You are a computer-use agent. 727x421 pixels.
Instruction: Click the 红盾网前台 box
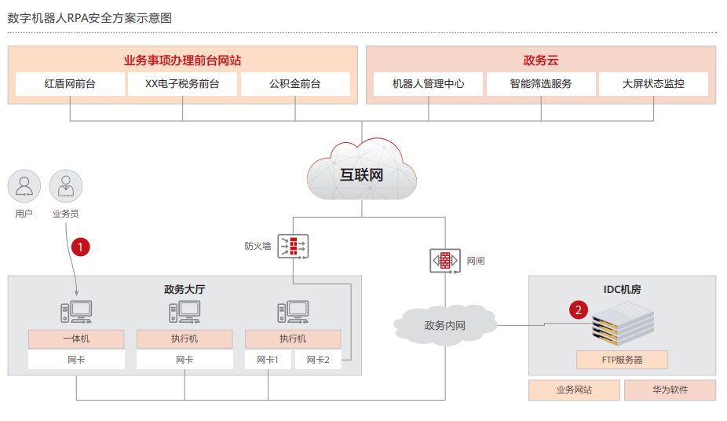(70, 84)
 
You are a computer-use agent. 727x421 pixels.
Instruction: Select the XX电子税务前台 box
(182, 84)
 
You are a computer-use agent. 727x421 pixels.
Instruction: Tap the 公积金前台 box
(295, 84)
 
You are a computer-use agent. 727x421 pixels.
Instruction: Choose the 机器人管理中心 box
(428, 84)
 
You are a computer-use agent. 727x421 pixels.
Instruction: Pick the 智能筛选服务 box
(540, 84)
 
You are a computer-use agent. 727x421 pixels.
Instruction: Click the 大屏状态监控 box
(653, 84)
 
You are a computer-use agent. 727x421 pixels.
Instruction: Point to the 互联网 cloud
(361, 173)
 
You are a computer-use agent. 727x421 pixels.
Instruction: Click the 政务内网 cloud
(444, 324)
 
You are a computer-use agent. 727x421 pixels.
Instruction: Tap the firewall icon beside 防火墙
(292, 247)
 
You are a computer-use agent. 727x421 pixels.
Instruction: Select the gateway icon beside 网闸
(444, 260)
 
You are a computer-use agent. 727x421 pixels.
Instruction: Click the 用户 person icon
(24, 187)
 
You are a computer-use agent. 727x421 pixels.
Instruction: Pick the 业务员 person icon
(65, 187)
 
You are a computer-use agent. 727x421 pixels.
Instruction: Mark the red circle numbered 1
(80, 247)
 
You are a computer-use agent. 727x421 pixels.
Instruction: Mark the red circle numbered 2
(579, 309)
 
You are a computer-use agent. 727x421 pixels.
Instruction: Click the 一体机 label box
(76, 339)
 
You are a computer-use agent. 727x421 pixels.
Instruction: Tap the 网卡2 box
(318, 361)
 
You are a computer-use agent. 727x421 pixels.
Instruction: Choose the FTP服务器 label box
(622, 360)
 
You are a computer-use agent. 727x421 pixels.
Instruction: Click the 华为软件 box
(670, 390)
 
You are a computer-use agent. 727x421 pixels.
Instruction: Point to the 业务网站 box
(574, 390)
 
